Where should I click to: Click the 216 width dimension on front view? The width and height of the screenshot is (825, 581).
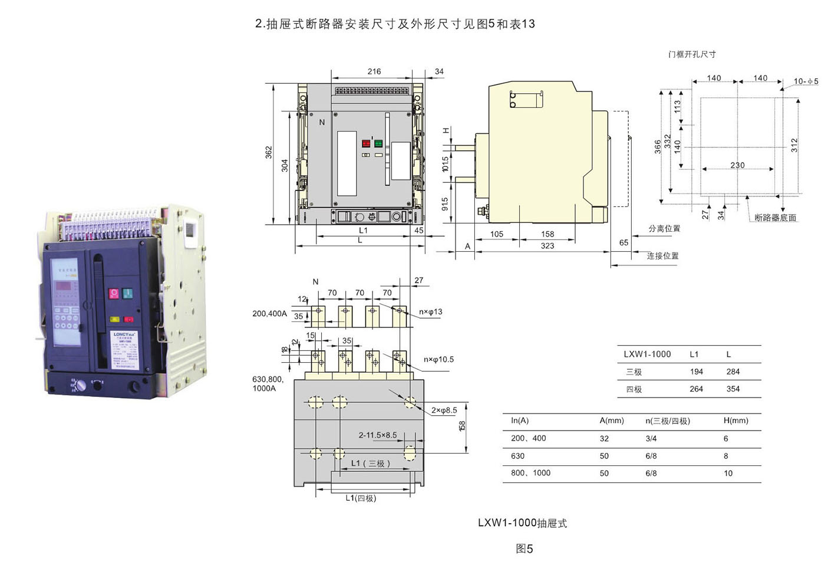click(x=374, y=71)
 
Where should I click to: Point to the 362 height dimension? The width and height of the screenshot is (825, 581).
click(x=269, y=152)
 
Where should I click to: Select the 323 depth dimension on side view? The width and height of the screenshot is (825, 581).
click(x=547, y=246)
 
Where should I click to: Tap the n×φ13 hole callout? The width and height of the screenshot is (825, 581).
click(x=431, y=312)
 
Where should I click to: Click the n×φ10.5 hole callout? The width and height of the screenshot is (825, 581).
click(x=438, y=359)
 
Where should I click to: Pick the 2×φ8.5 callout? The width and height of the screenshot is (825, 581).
click(x=444, y=410)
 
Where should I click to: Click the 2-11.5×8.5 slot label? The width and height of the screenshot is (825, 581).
click(x=378, y=435)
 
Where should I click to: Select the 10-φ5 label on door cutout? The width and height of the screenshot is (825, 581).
click(x=806, y=81)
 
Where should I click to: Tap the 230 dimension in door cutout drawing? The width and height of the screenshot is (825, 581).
click(x=737, y=165)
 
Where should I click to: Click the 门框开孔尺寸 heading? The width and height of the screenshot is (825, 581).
click(x=692, y=54)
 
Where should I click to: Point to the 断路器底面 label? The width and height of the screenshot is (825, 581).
click(x=775, y=218)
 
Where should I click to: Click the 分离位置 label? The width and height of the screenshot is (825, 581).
click(x=664, y=228)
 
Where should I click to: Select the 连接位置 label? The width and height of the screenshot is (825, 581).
click(x=662, y=256)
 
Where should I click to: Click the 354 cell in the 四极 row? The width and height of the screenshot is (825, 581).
click(x=733, y=389)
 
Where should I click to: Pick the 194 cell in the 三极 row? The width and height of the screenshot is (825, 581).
click(x=697, y=372)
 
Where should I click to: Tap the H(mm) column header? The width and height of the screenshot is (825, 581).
click(x=735, y=421)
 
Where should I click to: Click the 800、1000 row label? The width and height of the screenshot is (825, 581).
click(x=530, y=473)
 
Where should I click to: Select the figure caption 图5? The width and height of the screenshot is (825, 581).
click(x=524, y=549)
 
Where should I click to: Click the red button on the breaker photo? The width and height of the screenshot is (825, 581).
click(x=114, y=293)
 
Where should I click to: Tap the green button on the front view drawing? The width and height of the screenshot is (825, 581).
click(x=378, y=143)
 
